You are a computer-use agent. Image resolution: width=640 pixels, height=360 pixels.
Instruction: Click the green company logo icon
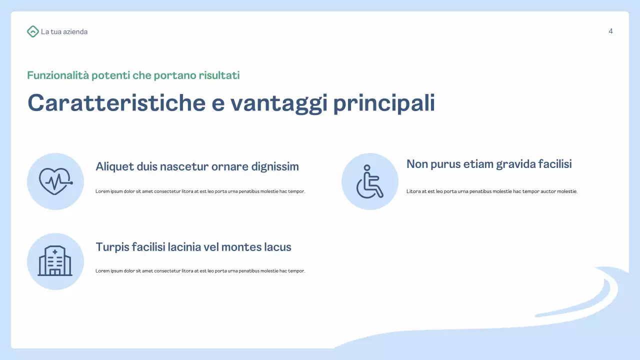(x=32, y=31)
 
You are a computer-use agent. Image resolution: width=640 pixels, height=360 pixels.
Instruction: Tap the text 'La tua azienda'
(x=64, y=32)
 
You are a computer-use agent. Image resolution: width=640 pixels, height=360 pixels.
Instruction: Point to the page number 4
(x=610, y=31)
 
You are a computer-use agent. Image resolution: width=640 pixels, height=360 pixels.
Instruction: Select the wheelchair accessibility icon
(x=369, y=181)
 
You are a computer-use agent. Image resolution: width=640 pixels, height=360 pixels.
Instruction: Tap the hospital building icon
(x=55, y=261)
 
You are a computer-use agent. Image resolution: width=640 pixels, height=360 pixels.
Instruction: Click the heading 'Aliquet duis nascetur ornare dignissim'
(x=197, y=166)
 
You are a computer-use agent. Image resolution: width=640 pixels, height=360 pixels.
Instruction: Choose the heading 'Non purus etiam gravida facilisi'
(x=489, y=164)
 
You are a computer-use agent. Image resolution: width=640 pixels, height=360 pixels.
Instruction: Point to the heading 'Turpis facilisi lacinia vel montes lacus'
(x=193, y=247)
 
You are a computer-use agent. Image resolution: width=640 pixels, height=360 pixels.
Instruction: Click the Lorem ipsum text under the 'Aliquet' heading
(x=200, y=191)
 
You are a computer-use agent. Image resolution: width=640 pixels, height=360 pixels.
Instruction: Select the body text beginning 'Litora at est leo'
(x=492, y=191)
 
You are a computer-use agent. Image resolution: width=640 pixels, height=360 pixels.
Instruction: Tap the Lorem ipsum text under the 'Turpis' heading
(x=200, y=271)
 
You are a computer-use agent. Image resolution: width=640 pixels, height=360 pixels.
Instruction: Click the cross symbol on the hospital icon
(x=55, y=251)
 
